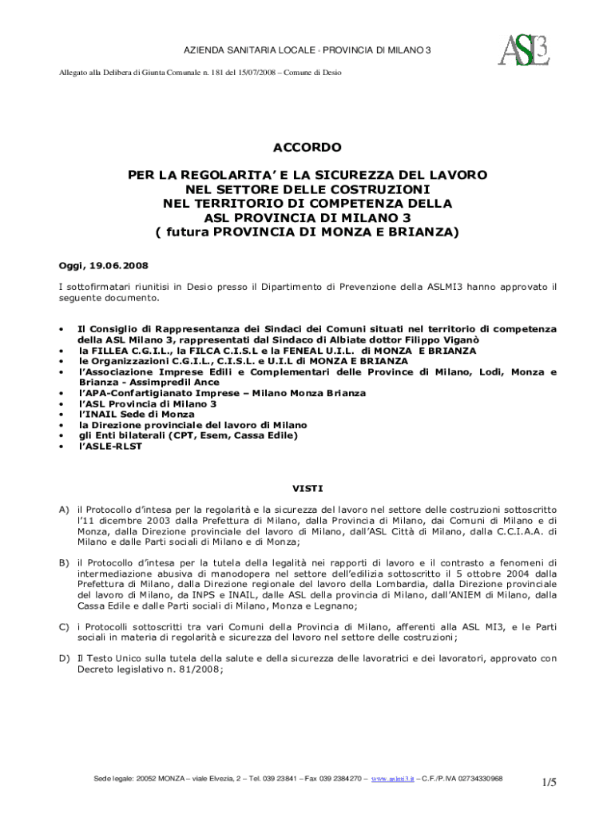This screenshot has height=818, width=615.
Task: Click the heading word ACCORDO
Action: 307,148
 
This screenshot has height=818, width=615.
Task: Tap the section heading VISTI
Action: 307,488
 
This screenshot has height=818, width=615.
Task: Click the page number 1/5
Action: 548,782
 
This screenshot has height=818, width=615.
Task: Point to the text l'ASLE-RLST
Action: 109,447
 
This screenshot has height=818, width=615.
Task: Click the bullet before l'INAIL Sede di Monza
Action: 61,415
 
